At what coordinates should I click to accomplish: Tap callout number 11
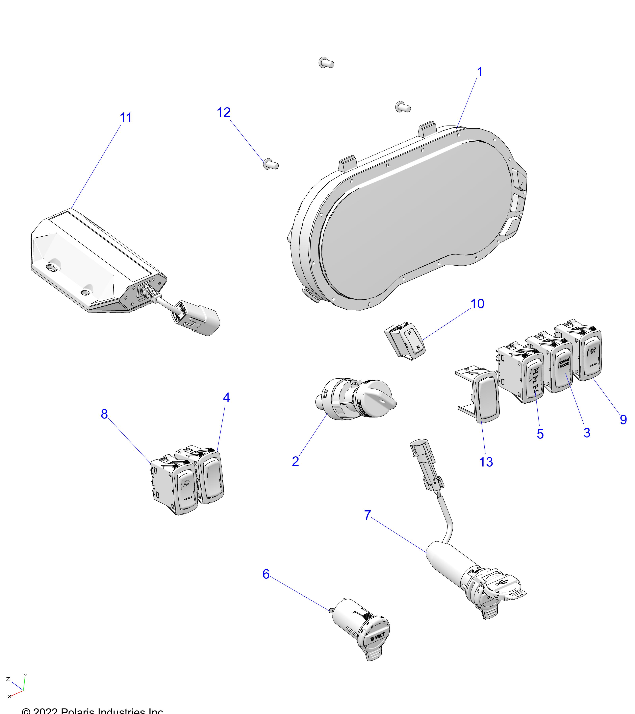click(x=126, y=118)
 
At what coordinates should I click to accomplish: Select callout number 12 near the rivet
click(x=224, y=112)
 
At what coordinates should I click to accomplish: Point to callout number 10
click(x=477, y=304)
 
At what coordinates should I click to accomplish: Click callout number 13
click(x=486, y=462)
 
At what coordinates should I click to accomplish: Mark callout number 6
click(x=266, y=574)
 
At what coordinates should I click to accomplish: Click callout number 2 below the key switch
click(x=295, y=461)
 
